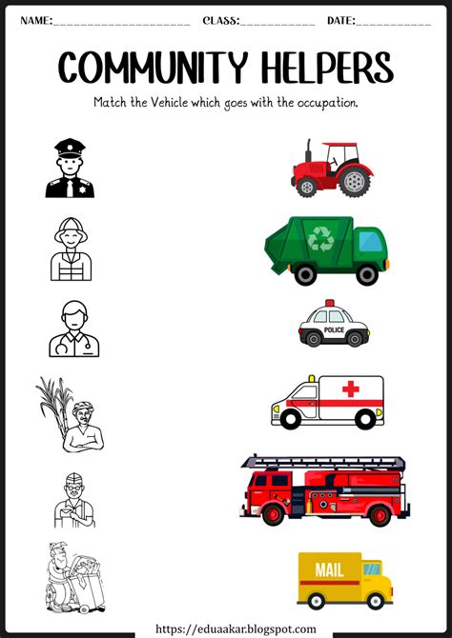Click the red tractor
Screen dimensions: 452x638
332,168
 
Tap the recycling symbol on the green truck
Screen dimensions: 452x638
320,238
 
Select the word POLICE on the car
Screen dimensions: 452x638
334,329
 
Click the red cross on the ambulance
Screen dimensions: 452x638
351,389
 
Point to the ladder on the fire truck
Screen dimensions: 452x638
323,462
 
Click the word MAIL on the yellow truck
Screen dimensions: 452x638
329,570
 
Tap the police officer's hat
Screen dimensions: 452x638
71,148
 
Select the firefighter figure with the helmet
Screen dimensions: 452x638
71,249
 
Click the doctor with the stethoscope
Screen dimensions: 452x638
73,329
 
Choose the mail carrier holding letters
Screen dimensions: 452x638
74,501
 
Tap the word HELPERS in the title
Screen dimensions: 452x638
327,67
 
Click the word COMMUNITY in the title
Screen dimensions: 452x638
153,67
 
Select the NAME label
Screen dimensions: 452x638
36,20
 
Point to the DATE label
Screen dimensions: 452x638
341,20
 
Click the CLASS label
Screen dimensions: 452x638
221,20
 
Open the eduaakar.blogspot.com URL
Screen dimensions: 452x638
236,629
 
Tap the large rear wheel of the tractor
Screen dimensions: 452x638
355,182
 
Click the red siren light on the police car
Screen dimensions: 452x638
330,303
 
